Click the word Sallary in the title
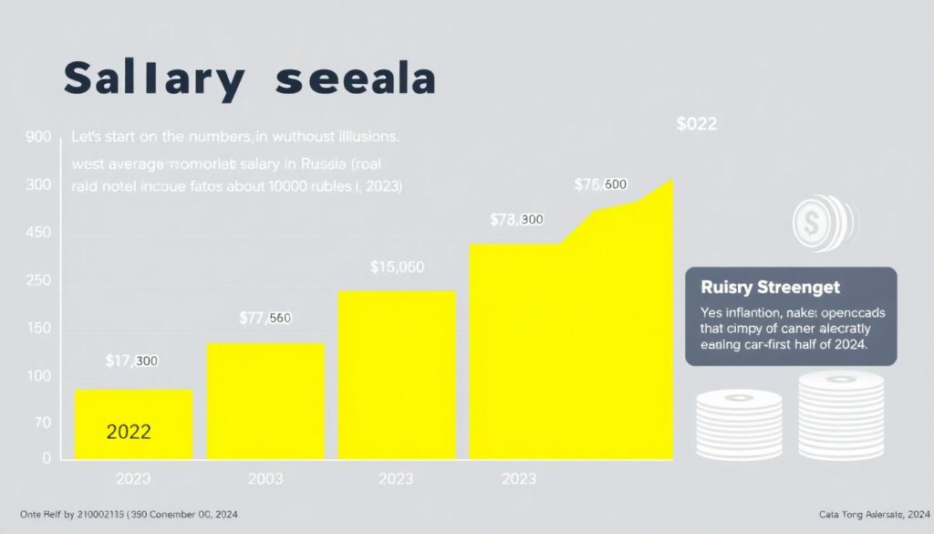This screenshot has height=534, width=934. [153, 80]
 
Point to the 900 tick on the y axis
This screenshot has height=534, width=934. [38, 139]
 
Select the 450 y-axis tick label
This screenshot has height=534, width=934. [38, 234]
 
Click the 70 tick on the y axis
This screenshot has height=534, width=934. [42, 424]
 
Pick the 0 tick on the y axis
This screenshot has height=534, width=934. [47, 459]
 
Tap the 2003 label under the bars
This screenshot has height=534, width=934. [265, 478]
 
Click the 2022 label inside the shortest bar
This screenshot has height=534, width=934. [129, 432]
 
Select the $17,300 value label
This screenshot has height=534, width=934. [131, 361]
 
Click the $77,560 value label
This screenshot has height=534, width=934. [265, 318]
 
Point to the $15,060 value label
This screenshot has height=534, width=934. [398, 267]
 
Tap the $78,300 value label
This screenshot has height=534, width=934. [516, 220]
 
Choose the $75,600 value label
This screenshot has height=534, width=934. [600, 184]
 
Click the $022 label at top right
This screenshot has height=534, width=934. [697, 124]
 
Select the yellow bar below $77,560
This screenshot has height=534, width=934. [265, 401]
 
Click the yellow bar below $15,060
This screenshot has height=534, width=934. [397, 374]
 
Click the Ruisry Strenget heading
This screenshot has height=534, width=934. [770, 287]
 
